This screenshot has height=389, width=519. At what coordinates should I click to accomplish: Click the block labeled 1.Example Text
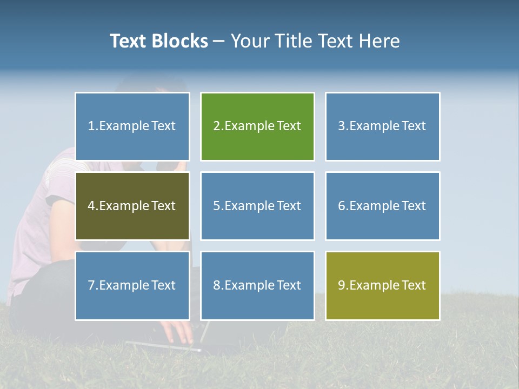(132, 126)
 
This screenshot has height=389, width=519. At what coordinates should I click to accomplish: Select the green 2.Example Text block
(257, 126)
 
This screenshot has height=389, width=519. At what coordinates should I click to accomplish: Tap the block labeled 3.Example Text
(382, 126)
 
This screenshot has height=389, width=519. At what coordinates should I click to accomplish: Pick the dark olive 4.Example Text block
(132, 206)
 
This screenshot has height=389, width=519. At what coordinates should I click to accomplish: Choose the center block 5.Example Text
(257, 206)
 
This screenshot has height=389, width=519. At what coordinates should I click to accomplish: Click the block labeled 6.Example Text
(382, 206)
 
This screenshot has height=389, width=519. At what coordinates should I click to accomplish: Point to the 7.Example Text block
(132, 285)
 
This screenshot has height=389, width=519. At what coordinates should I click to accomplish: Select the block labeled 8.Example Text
(257, 285)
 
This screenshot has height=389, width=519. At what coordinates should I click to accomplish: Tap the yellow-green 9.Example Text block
(382, 285)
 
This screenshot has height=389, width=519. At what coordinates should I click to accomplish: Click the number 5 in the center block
(216, 206)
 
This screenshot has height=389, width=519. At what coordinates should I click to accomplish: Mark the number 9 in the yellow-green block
(342, 285)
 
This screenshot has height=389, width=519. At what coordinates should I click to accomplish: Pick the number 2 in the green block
(216, 126)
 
